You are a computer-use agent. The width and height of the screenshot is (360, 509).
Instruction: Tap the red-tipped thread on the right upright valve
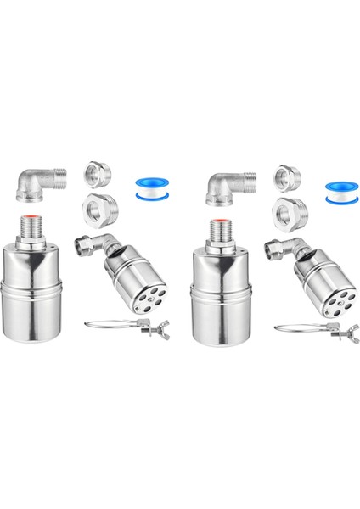pyautogui.click(x=222, y=226)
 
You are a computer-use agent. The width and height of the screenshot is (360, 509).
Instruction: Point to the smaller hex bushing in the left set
pyautogui.click(x=96, y=174)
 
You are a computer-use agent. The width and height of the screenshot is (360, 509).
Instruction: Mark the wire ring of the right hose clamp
pyautogui.click(x=298, y=326)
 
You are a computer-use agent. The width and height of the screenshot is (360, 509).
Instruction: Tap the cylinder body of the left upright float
pyautogui.click(x=36, y=292)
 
